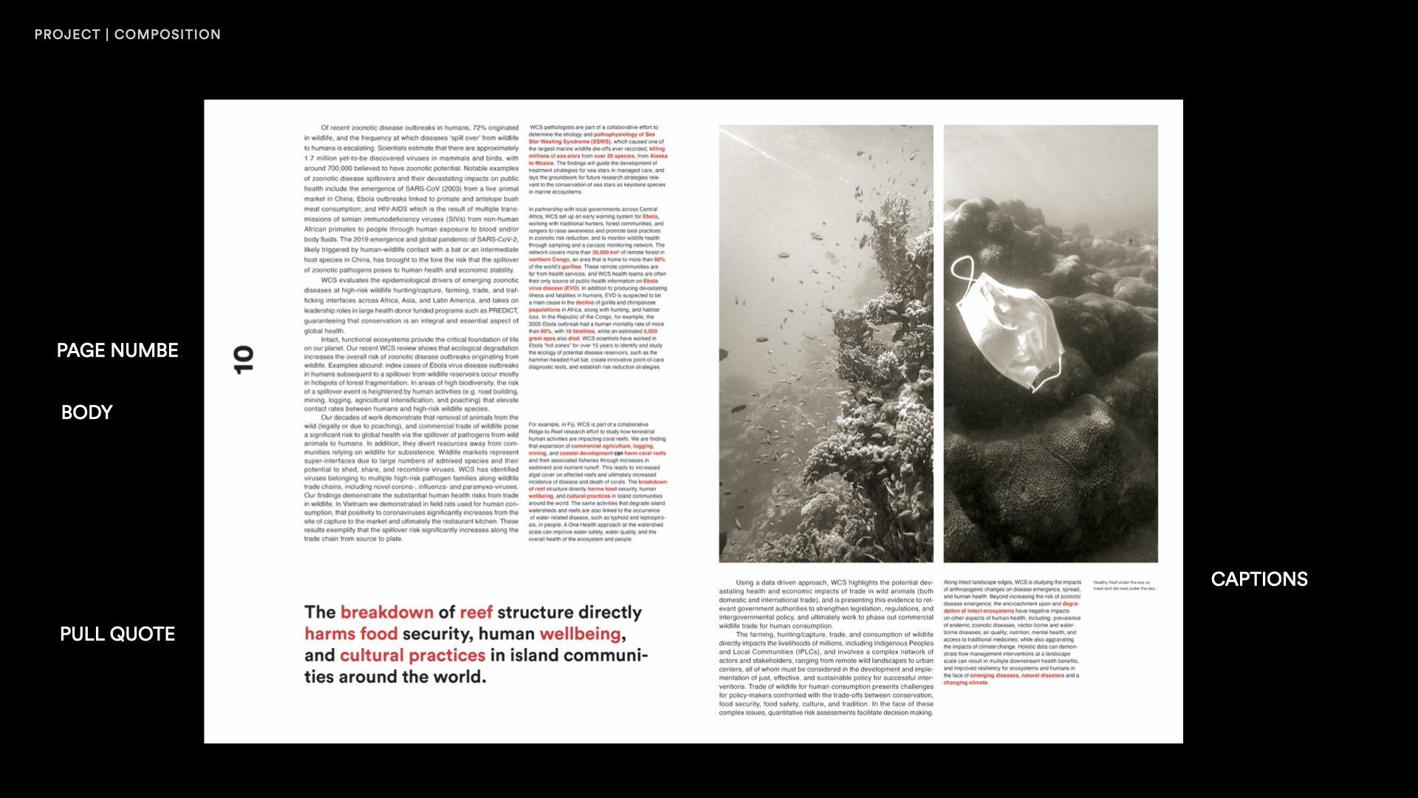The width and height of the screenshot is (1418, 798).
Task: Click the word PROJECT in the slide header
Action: point(67,35)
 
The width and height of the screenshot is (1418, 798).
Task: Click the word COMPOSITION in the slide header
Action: point(168,35)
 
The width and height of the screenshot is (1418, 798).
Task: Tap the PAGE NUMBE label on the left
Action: point(117,350)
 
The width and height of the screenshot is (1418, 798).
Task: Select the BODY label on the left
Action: point(87,412)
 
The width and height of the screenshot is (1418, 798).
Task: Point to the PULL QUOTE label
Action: point(117,634)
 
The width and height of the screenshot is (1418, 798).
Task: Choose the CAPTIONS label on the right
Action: point(1259,579)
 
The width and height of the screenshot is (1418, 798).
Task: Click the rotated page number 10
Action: point(243,360)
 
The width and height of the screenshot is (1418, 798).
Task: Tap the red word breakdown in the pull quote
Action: point(387,613)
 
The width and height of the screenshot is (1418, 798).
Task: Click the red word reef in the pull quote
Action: point(476,613)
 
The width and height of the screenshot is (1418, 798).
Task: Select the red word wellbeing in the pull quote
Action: point(580,634)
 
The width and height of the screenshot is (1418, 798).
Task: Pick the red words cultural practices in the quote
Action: point(412,655)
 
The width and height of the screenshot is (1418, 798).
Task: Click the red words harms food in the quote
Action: point(351,634)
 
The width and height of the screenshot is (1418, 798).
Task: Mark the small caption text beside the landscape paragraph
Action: point(1124,585)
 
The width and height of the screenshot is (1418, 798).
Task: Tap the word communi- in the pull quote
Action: point(606,655)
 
